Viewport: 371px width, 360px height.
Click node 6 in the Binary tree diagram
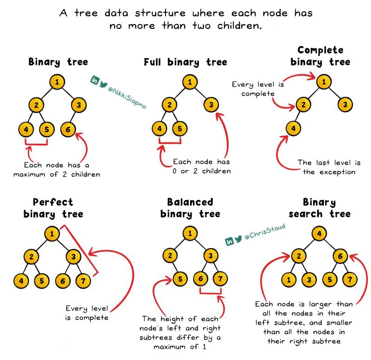(x=68, y=129)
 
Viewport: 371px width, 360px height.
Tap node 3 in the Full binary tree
(x=211, y=105)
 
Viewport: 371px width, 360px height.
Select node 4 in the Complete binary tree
(x=294, y=129)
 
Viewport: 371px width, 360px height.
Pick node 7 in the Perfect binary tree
(x=83, y=281)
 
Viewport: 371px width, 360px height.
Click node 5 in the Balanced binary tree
(x=180, y=279)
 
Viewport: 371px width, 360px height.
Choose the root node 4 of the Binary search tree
(x=319, y=234)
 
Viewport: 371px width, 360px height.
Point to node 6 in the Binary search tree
(x=340, y=256)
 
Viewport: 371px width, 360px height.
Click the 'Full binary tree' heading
(x=185, y=62)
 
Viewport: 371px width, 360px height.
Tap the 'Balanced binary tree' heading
(x=190, y=208)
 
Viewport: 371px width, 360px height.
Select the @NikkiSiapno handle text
(x=127, y=98)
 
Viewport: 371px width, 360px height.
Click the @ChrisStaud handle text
(x=265, y=231)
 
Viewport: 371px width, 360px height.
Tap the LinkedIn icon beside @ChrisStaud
(x=229, y=241)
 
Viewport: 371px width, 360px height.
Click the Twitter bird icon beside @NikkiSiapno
(x=103, y=84)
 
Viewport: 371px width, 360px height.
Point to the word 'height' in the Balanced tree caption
(x=172, y=319)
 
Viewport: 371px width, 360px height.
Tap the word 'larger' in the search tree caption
(x=320, y=304)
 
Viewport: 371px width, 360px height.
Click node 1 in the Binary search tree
(x=288, y=280)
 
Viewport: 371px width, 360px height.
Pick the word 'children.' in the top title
(x=239, y=26)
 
